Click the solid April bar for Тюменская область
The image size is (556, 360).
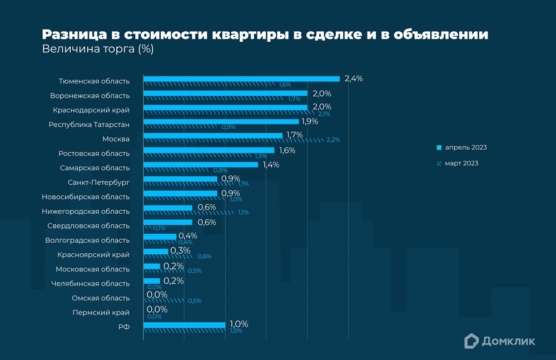click(x=241, y=78)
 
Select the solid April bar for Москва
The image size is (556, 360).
click(x=213, y=135)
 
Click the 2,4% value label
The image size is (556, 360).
click(x=354, y=78)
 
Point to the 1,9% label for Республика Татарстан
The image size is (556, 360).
click(x=309, y=121)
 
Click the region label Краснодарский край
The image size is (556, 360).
click(x=91, y=110)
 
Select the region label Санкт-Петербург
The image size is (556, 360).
click(x=98, y=183)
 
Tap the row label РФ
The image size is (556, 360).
click(x=124, y=327)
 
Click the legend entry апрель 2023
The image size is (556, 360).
click(x=465, y=147)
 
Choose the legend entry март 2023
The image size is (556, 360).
click(x=461, y=164)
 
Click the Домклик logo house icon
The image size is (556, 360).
click(x=471, y=341)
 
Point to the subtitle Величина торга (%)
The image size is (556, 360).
click(x=97, y=50)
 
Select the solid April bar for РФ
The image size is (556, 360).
click(x=184, y=324)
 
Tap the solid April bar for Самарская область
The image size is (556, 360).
click(x=201, y=164)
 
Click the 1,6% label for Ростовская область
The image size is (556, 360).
click(x=286, y=150)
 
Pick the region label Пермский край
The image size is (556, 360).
click(x=101, y=313)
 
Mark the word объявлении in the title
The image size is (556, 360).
click(x=440, y=34)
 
